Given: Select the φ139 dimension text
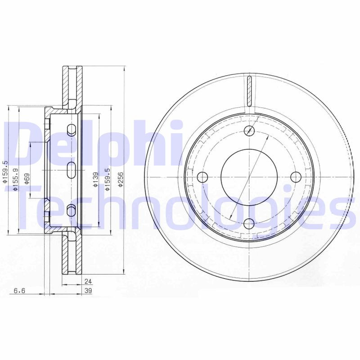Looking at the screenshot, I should (95, 179).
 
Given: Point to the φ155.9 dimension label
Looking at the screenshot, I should (15, 179).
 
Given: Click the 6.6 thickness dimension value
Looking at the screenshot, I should (19, 291).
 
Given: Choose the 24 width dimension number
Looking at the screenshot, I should (88, 282).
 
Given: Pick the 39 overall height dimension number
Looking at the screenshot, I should (88, 291).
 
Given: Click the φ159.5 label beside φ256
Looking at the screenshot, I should (107, 179).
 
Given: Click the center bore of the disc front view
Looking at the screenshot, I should (249, 177).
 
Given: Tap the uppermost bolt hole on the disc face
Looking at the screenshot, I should (249, 131).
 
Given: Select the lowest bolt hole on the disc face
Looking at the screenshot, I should (249, 223).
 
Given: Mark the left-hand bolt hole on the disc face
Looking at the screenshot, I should (202, 177).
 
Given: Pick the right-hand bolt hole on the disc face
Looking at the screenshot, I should (295, 177).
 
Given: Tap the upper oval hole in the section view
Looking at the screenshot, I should (71, 130).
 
